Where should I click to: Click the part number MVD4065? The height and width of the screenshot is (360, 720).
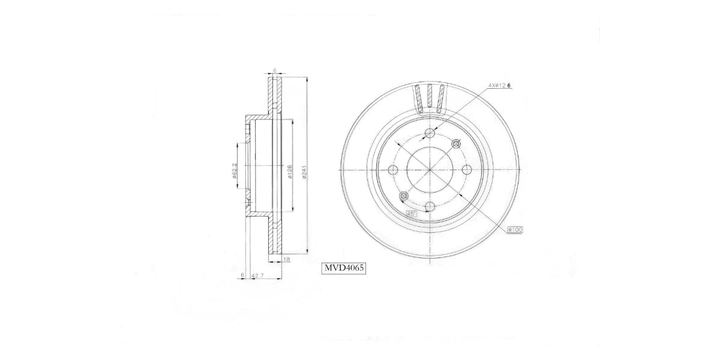[x=344, y=268]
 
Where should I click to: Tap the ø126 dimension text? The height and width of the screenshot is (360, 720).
[x=290, y=173]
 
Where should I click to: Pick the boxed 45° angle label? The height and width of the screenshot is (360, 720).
[x=412, y=214]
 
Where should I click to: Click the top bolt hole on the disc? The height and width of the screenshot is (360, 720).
[x=430, y=133]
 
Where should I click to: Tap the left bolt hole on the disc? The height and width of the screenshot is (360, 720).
[x=393, y=170]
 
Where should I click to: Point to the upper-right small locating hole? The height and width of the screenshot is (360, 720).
[x=456, y=143]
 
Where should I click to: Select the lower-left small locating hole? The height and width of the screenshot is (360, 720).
[x=403, y=196]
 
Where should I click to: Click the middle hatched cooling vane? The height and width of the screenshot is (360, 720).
[x=430, y=98]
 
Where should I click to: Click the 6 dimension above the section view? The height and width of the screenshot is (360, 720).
[x=275, y=71]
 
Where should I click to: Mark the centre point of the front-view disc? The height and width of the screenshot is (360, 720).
[x=430, y=170]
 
